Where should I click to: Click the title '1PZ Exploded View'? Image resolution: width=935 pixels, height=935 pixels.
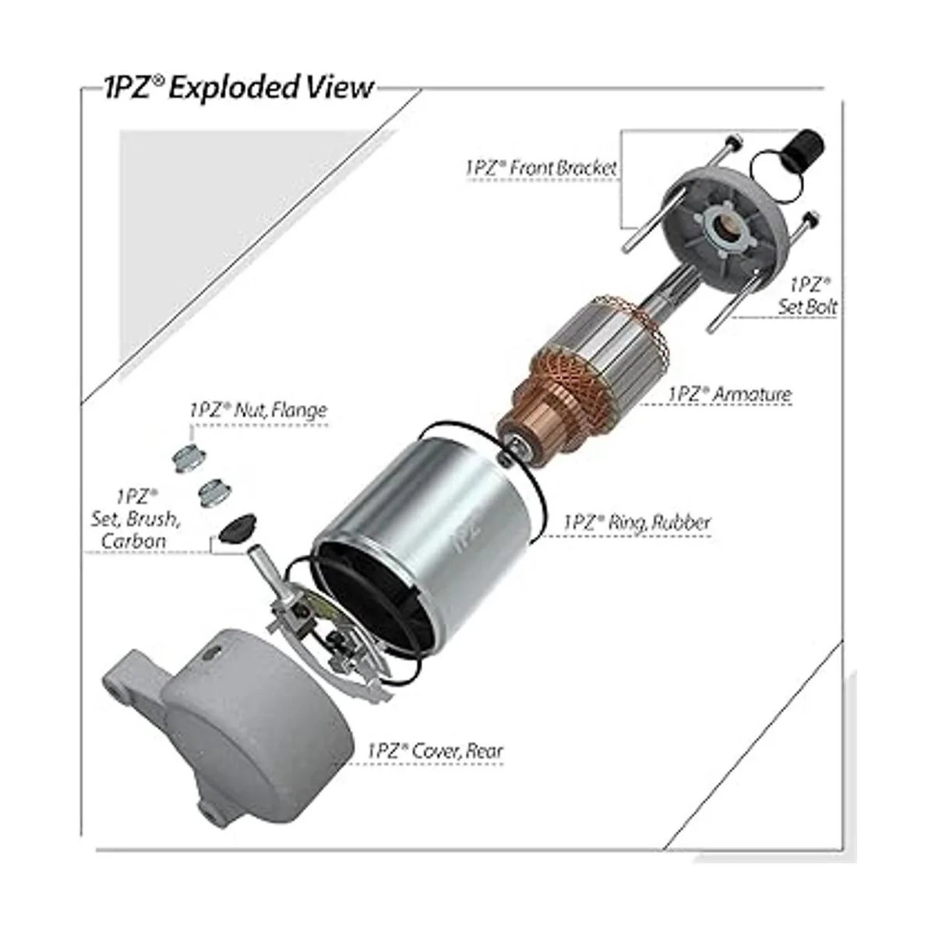pyautogui.click(x=238, y=88)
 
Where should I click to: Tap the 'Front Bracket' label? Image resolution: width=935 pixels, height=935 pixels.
pyautogui.click(x=541, y=168)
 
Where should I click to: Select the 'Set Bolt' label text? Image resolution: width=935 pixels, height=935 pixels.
pyautogui.click(x=808, y=295)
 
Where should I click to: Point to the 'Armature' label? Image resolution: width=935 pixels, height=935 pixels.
pyautogui.click(x=730, y=393)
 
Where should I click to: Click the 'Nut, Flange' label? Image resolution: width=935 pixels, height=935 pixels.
pyautogui.click(x=258, y=411)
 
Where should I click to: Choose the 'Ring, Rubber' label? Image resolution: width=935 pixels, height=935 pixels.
pyautogui.click(x=637, y=522)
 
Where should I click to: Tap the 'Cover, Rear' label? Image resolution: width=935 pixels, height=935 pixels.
pyautogui.click(x=434, y=751)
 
